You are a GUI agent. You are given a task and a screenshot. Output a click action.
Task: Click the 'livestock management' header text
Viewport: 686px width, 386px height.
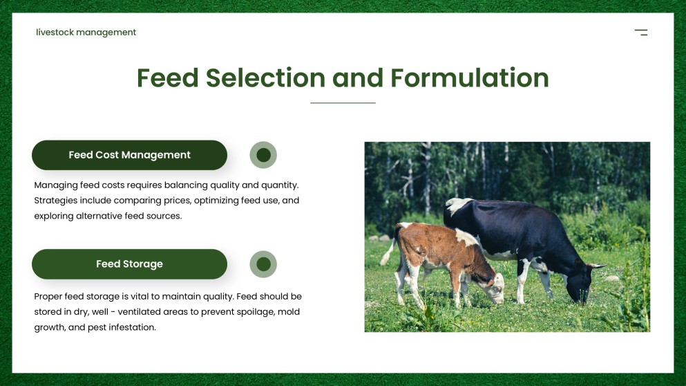tap(86, 33)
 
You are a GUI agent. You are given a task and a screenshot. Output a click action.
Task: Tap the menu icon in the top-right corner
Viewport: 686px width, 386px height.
tap(641, 33)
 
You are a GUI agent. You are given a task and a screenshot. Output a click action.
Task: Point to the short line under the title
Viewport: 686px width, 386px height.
tap(343, 103)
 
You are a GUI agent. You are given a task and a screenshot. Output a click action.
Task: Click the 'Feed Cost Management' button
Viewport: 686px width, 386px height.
tap(129, 155)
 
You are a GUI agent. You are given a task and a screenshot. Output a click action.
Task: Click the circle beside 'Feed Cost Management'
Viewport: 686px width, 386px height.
tap(263, 155)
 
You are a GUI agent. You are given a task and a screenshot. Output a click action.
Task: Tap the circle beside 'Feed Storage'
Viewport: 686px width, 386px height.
tap(263, 264)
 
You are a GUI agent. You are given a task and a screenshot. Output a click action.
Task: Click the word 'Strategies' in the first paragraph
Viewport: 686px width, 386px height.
tap(56, 201)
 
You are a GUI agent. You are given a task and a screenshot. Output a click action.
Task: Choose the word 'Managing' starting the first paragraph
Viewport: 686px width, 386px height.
tap(55, 185)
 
